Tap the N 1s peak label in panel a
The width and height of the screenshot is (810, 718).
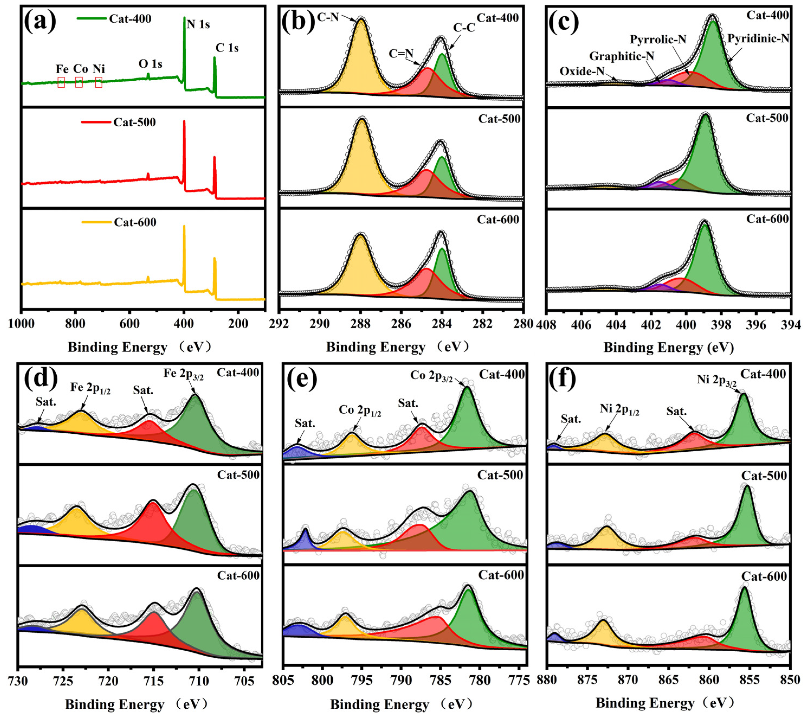click(198, 25)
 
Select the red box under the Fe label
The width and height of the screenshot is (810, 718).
click(61, 82)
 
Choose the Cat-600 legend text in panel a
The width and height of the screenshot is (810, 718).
click(135, 222)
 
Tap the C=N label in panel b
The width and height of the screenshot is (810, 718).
click(401, 53)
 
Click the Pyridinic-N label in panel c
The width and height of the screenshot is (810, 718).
click(758, 38)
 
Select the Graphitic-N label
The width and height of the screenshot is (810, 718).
click(621, 56)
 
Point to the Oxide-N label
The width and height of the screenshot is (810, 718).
click(582, 71)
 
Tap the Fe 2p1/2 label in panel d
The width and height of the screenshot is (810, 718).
click(90, 388)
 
